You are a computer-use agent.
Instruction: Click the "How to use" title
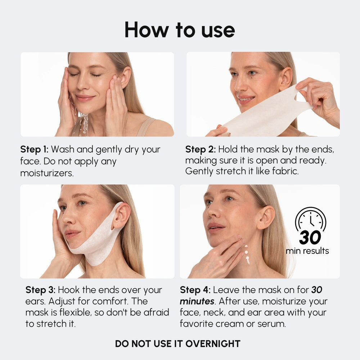coord(180,30)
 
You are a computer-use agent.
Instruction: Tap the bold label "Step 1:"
coord(35,149)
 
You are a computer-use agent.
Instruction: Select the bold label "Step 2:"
coord(200,149)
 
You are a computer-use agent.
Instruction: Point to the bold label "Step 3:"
coord(40,290)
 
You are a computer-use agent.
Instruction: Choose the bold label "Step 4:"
coord(195,290)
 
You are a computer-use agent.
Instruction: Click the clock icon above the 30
coord(310,219)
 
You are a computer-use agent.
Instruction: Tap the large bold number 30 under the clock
coord(310,238)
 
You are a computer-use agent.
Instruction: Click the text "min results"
coord(307,251)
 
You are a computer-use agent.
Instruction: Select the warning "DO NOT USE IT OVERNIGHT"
coord(177,343)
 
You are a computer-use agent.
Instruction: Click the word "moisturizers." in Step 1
coord(47,173)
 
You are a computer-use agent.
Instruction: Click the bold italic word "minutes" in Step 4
coord(197,301)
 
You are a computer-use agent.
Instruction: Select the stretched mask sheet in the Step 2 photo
coord(266,112)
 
